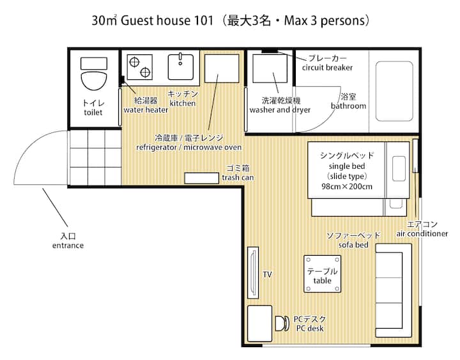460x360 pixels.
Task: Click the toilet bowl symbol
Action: tap(93, 81)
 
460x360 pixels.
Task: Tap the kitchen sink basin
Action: tap(180, 67)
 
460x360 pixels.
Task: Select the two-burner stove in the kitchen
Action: tap(140, 67)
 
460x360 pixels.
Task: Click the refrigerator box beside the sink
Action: tap(222, 68)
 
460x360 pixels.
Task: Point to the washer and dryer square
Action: tap(270, 68)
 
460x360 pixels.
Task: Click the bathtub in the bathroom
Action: tap(394, 91)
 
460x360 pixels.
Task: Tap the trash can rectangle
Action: tap(201, 178)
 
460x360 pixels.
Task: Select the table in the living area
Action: tap(323, 274)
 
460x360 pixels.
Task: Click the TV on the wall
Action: tap(253, 273)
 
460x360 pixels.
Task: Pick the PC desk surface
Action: tap(259, 324)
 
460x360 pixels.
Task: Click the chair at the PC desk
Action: tap(282, 324)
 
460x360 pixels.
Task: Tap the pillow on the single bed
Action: tap(399, 169)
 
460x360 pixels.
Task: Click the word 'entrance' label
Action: tap(68, 246)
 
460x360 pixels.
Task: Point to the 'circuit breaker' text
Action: tap(327, 68)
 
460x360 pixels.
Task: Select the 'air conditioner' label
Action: tap(422, 234)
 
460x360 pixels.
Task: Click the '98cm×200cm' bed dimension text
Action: tap(347, 187)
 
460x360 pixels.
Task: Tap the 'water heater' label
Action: tap(146, 110)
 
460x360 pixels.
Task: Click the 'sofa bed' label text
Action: tap(353, 245)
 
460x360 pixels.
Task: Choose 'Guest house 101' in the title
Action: tap(167, 21)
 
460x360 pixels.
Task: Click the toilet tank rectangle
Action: tap(94, 63)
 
